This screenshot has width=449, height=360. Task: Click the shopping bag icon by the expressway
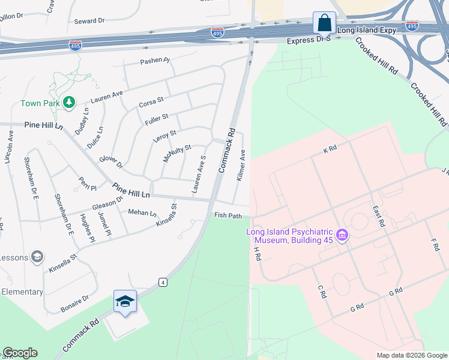click(324, 23)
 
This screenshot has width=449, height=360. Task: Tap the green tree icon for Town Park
click(70, 103)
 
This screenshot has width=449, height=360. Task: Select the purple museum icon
click(342, 235)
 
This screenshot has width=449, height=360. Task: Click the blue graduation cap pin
click(125, 301)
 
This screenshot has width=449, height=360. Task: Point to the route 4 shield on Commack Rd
click(162, 281)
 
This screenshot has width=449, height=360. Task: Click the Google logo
click(20, 353)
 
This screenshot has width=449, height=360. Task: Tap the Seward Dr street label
click(89, 21)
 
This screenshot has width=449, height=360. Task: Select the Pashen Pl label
click(155, 61)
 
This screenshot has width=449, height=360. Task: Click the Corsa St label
click(151, 103)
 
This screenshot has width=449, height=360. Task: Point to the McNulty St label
click(176, 154)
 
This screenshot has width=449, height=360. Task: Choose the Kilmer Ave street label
click(241, 166)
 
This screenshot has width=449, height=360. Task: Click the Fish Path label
click(228, 215)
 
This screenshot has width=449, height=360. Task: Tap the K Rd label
click(330, 149)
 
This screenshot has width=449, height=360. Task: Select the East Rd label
click(378, 214)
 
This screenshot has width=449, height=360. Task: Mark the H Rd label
click(258, 253)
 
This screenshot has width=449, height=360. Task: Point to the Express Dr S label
click(309, 40)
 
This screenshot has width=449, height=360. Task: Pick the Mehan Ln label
click(142, 212)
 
